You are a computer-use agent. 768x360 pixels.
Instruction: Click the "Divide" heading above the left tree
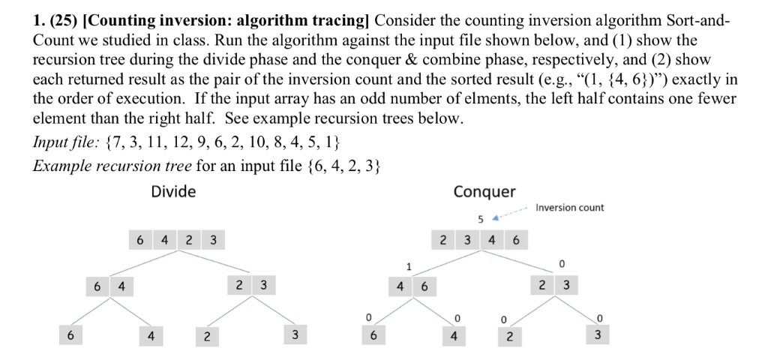pyautogui.click(x=173, y=191)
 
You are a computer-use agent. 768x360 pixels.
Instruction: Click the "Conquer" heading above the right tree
pyautogui.click(x=484, y=191)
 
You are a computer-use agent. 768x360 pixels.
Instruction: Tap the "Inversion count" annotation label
pyautogui.click(x=570, y=208)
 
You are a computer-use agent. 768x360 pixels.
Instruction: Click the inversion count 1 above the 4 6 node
pyautogui.click(x=409, y=265)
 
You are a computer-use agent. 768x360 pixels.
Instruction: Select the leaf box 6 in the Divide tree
pyautogui.click(x=70, y=335)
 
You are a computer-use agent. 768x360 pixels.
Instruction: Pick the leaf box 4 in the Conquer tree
pyautogui.click(x=454, y=335)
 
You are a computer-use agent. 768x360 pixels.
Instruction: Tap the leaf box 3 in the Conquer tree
pyautogui.click(x=597, y=335)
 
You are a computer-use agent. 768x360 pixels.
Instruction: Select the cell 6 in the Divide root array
pyautogui.click(x=140, y=241)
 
